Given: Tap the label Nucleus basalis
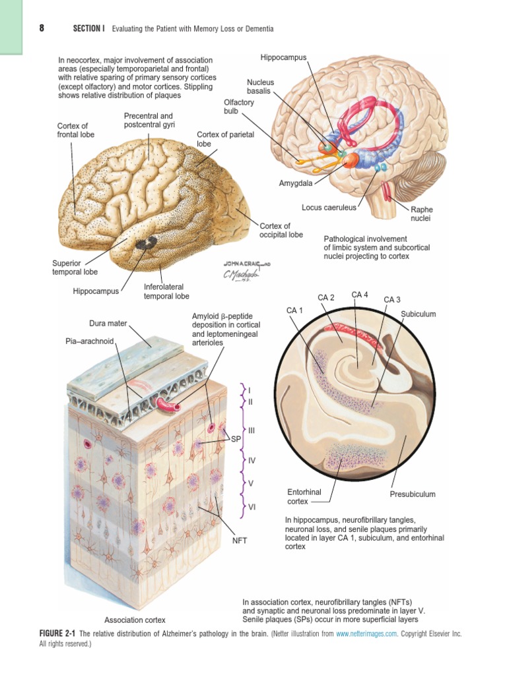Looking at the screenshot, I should (260, 86).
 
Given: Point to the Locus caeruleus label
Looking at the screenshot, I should (329, 207).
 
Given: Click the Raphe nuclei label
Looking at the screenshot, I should (421, 214).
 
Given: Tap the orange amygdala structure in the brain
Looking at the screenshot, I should (349, 160).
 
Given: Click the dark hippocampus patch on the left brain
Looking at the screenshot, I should (143, 244).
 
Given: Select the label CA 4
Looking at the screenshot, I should (360, 295).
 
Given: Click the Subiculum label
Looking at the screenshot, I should (419, 314).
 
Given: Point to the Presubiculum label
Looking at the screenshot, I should (413, 494).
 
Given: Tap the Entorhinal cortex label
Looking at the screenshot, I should (302, 496).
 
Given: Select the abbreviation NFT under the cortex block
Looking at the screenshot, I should (240, 540).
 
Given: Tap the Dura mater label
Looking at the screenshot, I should (108, 323).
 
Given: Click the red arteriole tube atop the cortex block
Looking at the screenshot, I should (168, 403).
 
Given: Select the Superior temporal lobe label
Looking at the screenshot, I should (75, 267).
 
